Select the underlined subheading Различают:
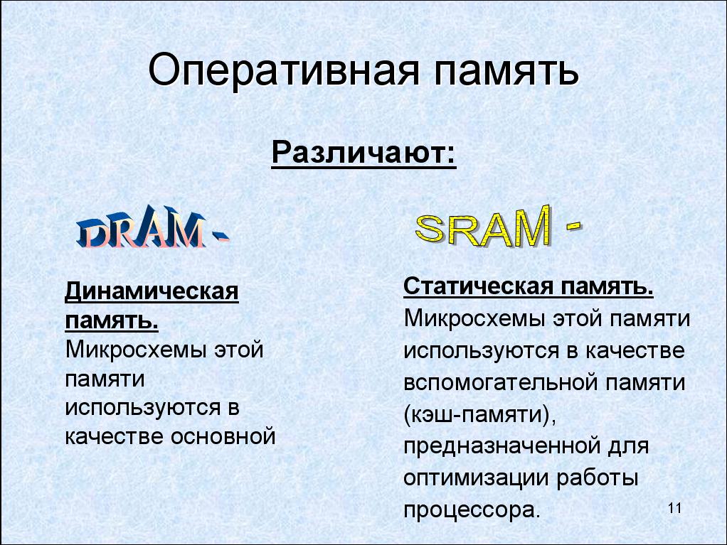364,152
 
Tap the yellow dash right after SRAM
573,225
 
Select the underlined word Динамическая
152,291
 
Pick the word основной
223,436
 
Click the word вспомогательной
501,382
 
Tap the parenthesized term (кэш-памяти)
480,415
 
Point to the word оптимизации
476,478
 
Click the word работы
598,479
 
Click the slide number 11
675,509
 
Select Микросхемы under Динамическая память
136,349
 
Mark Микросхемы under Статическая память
474,319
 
